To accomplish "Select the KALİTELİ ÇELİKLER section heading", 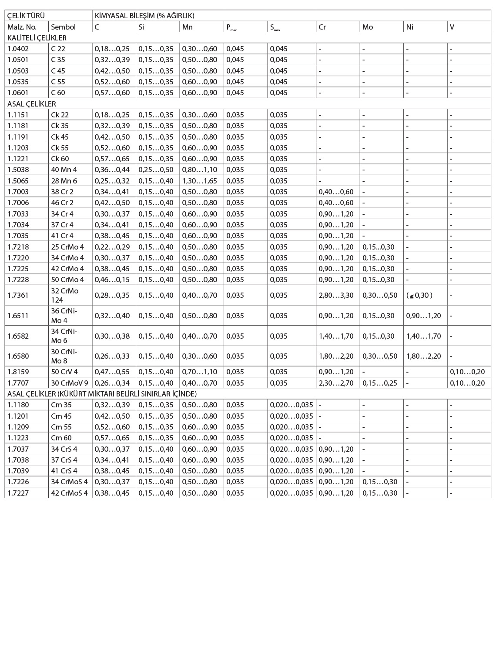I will click(37, 38).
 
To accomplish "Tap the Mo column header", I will click(368, 27).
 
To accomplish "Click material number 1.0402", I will click(18, 49).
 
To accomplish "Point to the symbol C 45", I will click(58, 71).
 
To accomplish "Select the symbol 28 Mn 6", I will click(64, 181).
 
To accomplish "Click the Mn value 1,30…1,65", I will click(199, 181).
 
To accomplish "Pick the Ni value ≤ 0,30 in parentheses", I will click(419, 295).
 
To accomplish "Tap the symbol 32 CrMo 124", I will click(64, 295).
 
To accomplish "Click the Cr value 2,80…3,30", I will click(336, 295).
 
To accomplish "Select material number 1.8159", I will click(18, 372).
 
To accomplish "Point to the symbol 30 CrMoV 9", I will click(70, 383).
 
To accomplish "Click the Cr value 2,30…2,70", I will click(336, 383).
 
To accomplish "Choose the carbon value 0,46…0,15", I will click(112, 280).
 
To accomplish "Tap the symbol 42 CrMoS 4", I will click(69, 493).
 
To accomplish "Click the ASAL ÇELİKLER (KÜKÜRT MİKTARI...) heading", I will click(102, 394).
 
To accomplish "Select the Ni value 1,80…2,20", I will click(423, 356).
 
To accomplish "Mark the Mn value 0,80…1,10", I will click(199, 170).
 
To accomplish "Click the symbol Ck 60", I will click(60, 159).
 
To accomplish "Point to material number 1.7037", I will click(18, 449).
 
